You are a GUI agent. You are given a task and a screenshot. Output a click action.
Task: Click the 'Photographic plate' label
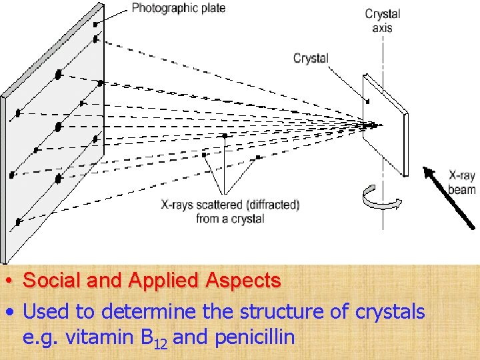click(x=178, y=8)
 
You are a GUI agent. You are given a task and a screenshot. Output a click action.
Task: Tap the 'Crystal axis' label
click(x=383, y=21)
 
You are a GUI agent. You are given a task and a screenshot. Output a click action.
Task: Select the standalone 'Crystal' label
click(x=311, y=58)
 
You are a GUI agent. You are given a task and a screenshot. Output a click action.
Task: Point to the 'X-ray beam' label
click(x=461, y=183)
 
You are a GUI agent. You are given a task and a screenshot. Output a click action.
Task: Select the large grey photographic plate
click(x=53, y=133)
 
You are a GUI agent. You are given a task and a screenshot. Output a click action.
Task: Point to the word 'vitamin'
click(x=100, y=337)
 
